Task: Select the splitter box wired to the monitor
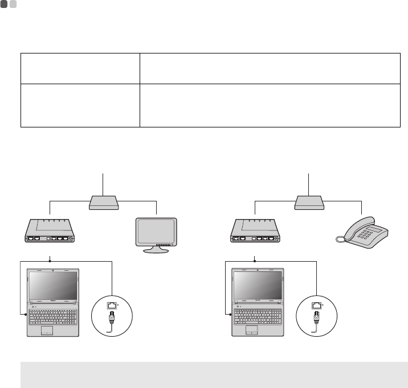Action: coord(103,202)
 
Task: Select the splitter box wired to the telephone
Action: coord(309,202)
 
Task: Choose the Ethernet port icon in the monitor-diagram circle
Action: coord(112,306)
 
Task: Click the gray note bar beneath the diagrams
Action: coord(214,375)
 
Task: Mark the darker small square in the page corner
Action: coord(4,4)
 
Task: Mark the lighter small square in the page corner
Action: coord(13,4)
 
